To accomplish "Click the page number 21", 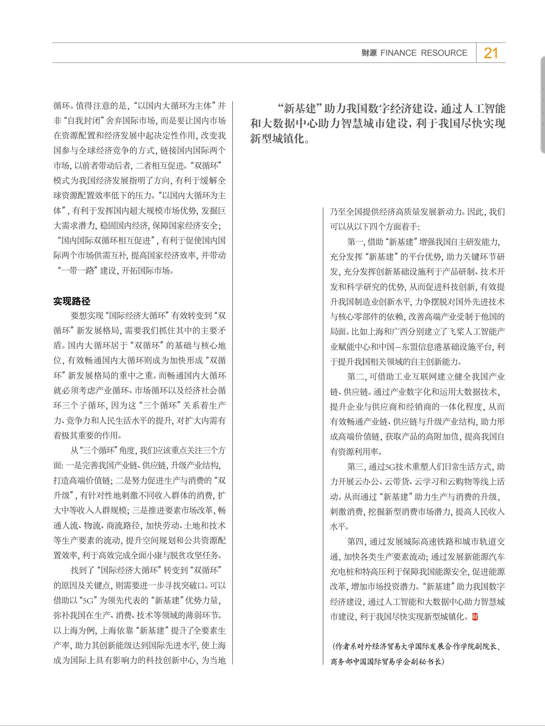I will pyautogui.click(x=491, y=53).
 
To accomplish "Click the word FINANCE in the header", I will pyautogui.click(x=398, y=53).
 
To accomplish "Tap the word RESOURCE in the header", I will pyautogui.click(x=444, y=53).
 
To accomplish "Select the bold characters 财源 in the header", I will pyautogui.click(x=369, y=53).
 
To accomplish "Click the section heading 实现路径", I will pyautogui.click(x=72, y=301).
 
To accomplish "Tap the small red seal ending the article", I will pyautogui.click(x=475, y=617).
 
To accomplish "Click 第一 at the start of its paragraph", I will pyautogui.click(x=355, y=242).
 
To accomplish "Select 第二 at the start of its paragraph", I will pyautogui.click(x=355, y=377).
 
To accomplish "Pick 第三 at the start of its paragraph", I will pyautogui.click(x=355, y=466).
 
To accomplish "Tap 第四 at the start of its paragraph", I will pyautogui.click(x=355, y=542).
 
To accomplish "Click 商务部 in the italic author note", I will pyautogui.click(x=342, y=661).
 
